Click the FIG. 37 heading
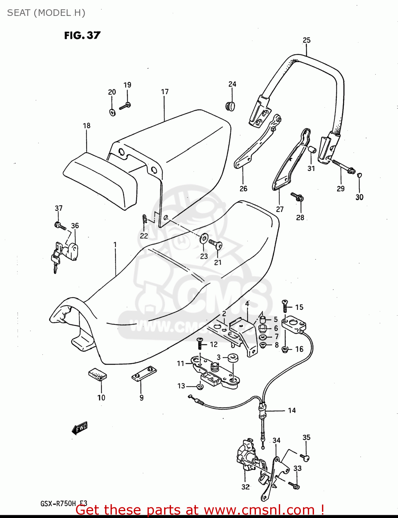[82, 36]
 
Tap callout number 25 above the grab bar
[306, 40]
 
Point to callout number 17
[165, 92]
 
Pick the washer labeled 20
[112, 112]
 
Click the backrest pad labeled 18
[100, 180]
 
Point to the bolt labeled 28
[297, 197]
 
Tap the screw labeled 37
[60, 226]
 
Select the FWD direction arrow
[79, 428]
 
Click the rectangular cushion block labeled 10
[97, 374]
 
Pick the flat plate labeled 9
[144, 374]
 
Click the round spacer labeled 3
[232, 358]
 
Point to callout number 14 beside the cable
[292, 410]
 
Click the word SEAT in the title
[19, 13]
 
